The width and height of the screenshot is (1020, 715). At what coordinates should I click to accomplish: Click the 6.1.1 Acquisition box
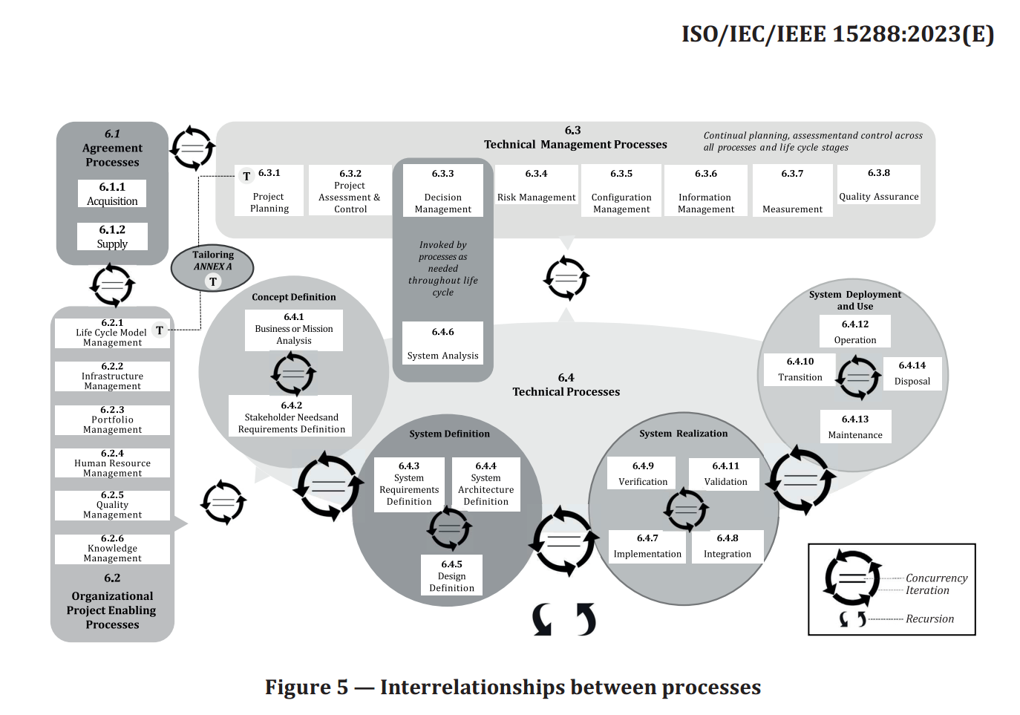(x=112, y=194)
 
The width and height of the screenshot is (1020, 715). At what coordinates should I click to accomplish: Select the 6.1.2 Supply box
(x=112, y=237)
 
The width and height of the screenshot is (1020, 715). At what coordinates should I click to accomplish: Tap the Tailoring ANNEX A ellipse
(x=212, y=267)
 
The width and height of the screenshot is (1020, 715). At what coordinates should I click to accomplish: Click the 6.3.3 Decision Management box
(x=442, y=191)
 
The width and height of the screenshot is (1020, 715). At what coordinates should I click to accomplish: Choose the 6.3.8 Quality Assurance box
(x=878, y=184)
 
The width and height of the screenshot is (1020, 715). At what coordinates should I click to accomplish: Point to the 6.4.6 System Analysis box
(x=442, y=343)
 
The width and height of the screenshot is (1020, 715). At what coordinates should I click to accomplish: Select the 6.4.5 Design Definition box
(x=451, y=575)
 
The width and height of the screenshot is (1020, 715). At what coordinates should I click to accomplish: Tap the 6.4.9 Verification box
(x=643, y=474)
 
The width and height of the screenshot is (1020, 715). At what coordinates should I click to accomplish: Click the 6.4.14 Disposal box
(x=912, y=373)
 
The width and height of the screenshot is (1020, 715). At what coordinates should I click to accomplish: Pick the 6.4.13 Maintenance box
(x=855, y=427)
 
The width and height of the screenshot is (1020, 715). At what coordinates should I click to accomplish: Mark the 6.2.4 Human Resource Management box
(x=112, y=463)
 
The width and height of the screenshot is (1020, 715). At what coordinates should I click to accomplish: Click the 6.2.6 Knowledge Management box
(x=112, y=549)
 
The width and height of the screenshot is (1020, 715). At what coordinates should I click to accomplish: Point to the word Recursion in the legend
(x=929, y=618)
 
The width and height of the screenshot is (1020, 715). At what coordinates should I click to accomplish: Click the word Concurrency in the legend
(x=936, y=578)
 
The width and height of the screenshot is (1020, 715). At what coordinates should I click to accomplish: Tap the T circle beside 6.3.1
(x=247, y=176)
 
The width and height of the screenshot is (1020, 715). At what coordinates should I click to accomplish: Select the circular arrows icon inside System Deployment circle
(x=858, y=377)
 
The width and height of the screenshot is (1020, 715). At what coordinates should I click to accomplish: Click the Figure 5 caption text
(x=513, y=688)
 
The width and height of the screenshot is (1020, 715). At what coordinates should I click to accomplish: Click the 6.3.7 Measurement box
(x=792, y=191)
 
